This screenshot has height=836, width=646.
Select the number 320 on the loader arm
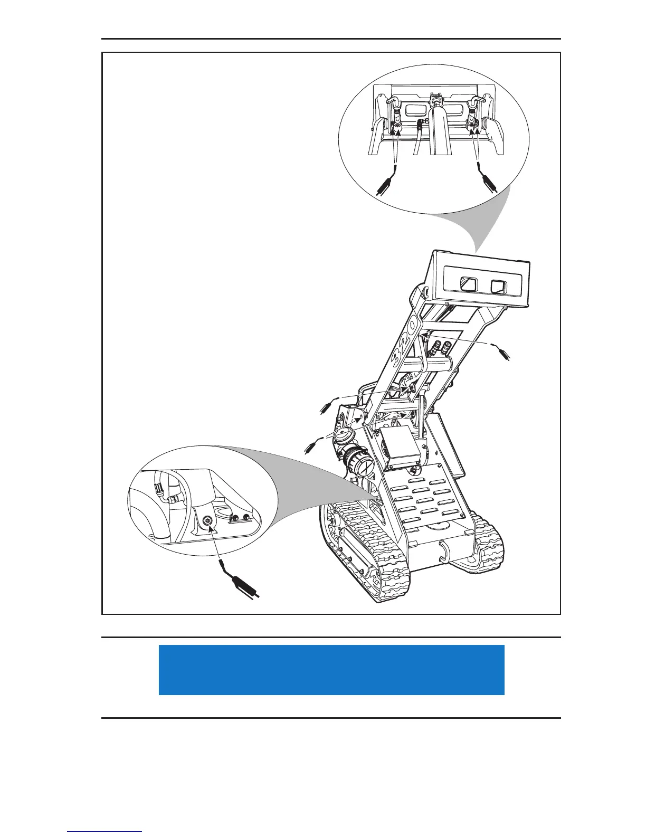point(405,344)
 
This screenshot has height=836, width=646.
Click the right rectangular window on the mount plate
point(499,287)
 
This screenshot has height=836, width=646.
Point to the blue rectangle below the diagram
point(331,669)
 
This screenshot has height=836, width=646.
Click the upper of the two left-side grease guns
point(327,407)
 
